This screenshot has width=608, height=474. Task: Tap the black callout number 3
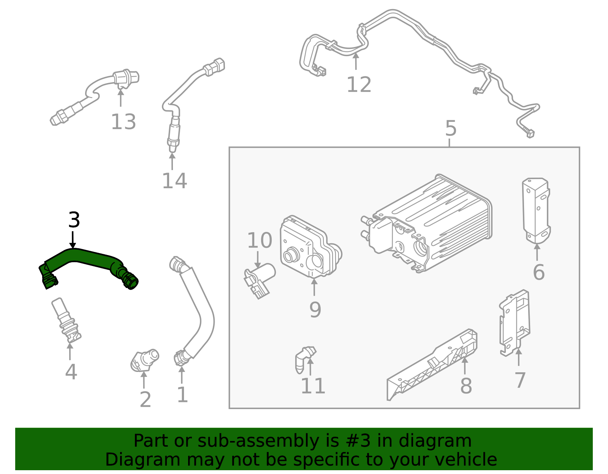[x=74, y=220]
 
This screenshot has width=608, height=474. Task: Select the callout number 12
[x=359, y=85]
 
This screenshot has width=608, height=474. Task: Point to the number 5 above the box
[x=451, y=129]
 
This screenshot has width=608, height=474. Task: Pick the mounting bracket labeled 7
[x=515, y=323]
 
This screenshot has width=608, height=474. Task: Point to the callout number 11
[x=313, y=386]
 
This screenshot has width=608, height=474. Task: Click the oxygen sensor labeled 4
[x=65, y=319]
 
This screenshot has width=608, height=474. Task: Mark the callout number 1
[x=182, y=395]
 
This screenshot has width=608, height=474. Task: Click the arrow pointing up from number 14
[x=172, y=161]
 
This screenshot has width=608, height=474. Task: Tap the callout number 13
[x=123, y=122]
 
